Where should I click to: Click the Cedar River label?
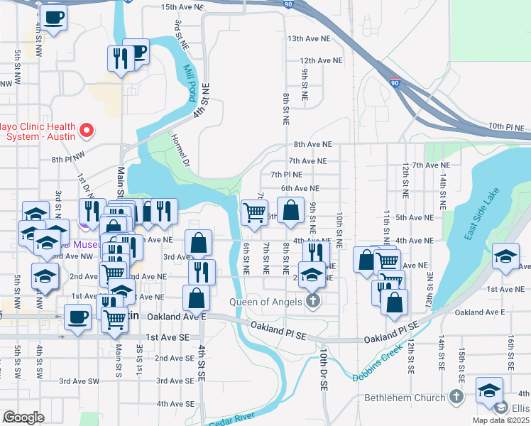click(x=231, y=418)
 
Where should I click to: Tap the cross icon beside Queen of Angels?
click(x=312, y=300)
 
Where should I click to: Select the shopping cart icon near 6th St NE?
click(x=253, y=212)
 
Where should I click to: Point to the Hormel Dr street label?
click(x=180, y=152)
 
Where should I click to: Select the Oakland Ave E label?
click(x=479, y=312)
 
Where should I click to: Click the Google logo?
click(x=23, y=417)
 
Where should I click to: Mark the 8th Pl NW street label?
click(x=67, y=160)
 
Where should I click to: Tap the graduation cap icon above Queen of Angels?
click(x=311, y=274)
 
